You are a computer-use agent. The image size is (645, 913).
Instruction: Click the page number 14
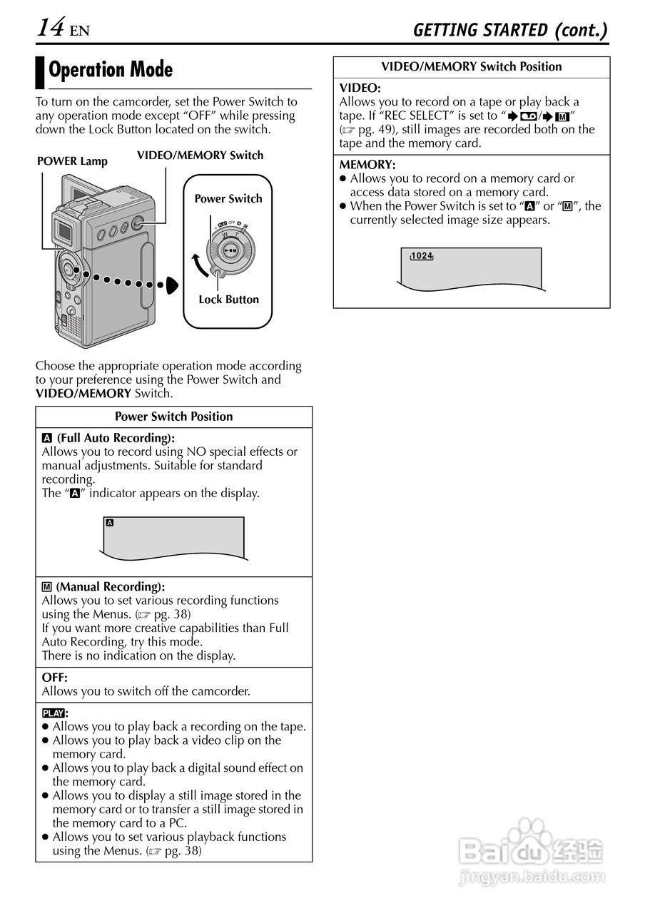tap(51, 28)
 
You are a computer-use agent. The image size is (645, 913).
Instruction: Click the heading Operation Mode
tap(111, 70)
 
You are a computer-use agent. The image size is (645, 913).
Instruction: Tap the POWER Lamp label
tap(72, 161)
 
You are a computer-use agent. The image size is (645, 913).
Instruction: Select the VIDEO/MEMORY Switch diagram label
tap(200, 155)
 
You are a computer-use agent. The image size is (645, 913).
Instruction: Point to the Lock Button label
tap(228, 300)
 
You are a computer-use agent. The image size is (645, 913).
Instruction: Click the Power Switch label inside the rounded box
tap(228, 199)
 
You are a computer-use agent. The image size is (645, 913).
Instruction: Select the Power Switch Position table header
tap(174, 417)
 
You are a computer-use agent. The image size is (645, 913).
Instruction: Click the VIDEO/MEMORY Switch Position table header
tap(472, 67)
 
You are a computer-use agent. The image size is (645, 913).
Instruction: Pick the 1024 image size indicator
tap(422, 256)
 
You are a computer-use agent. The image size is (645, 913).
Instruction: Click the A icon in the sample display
tap(109, 523)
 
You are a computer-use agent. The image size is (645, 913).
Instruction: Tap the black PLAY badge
tap(53, 713)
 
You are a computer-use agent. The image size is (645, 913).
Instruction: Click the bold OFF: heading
tap(55, 678)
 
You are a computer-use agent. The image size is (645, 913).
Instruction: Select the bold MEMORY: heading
tap(367, 165)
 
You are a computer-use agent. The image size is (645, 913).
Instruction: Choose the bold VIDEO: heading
tap(360, 88)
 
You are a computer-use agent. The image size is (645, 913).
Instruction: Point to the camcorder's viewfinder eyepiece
tap(65, 230)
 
